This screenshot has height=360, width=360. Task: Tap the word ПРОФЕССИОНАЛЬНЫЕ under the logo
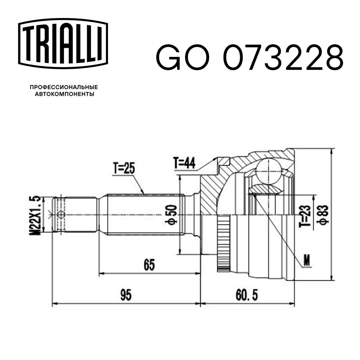point(64,87)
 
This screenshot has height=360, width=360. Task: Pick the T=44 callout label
point(184,163)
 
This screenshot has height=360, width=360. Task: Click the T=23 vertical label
point(306,215)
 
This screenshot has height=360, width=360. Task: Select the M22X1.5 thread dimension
point(36,215)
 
